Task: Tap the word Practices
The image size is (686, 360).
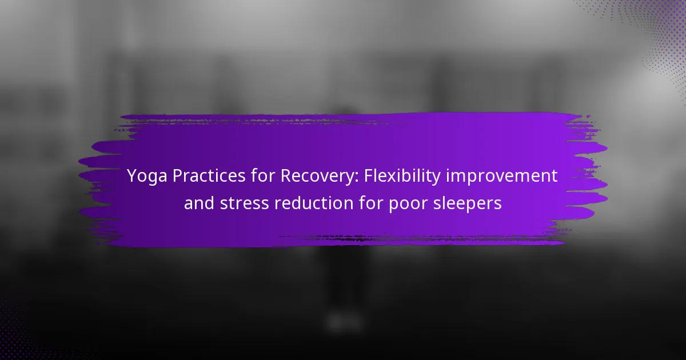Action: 209,176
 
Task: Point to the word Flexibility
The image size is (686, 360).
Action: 402,177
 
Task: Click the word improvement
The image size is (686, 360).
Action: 502,176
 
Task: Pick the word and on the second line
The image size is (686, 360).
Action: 199,203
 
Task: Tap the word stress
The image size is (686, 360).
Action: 245,203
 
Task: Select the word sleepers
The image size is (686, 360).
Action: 468,204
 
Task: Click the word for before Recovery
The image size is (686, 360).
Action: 263,176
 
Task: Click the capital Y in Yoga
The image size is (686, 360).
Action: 132,176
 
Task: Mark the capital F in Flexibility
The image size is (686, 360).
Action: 369,176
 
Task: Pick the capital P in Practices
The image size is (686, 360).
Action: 178,176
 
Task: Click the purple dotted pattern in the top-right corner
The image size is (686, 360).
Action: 652,34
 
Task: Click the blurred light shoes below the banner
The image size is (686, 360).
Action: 344,321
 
